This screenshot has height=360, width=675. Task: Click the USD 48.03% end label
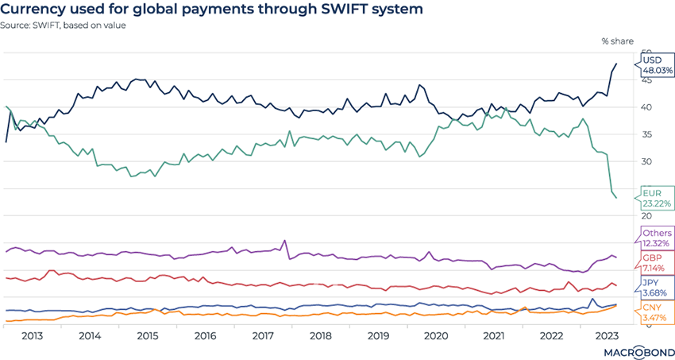(x=658, y=65)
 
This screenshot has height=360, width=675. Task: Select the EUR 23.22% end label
(x=658, y=198)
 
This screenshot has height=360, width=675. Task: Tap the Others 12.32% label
(x=658, y=237)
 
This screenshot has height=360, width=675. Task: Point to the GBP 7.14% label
(x=658, y=264)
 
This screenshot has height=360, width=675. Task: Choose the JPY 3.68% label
(x=658, y=287)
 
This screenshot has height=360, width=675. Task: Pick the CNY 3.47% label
(x=658, y=312)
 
